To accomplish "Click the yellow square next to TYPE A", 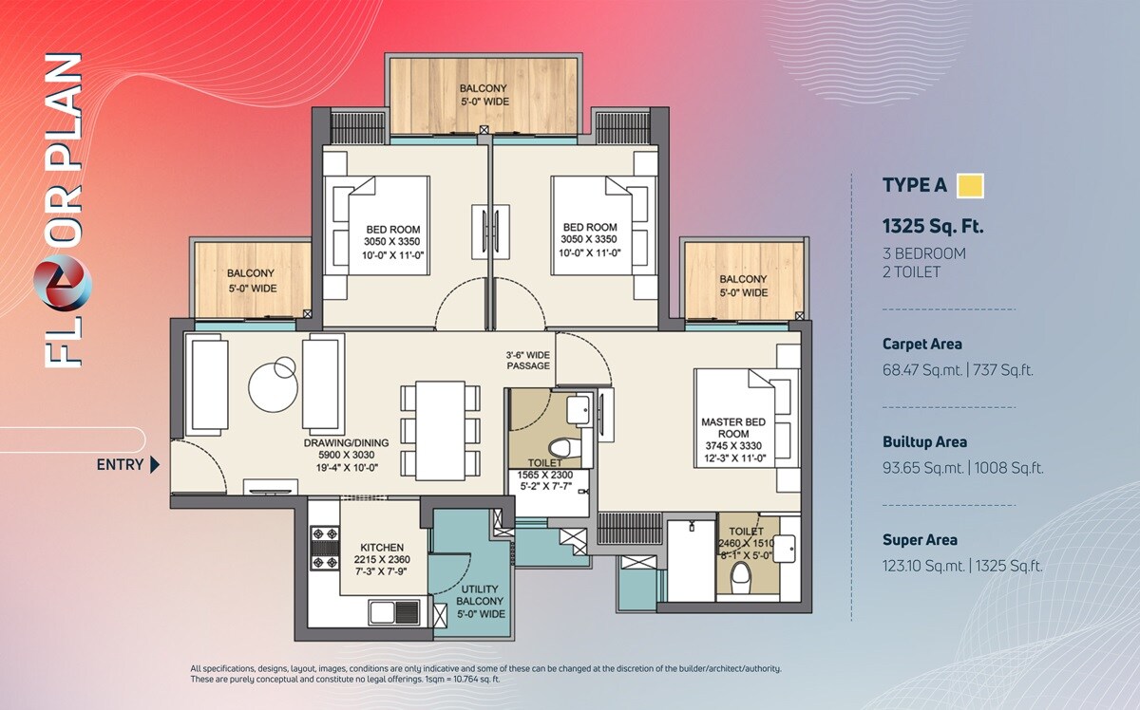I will click(x=970, y=186).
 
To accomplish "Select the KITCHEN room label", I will click(x=382, y=548).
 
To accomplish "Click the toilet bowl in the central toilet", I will click(x=560, y=447).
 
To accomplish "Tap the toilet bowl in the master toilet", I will click(x=740, y=575).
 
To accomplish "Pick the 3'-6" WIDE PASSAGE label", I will click(x=528, y=360).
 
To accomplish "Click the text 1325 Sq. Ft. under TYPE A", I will click(x=932, y=227).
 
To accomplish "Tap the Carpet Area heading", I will click(x=921, y=345).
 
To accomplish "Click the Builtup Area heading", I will click(x=924, y=441).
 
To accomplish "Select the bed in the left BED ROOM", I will click(x=380, y=228).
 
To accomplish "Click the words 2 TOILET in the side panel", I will click(x=911, y=271).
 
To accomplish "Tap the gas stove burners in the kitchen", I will click(x=324, y=548).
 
